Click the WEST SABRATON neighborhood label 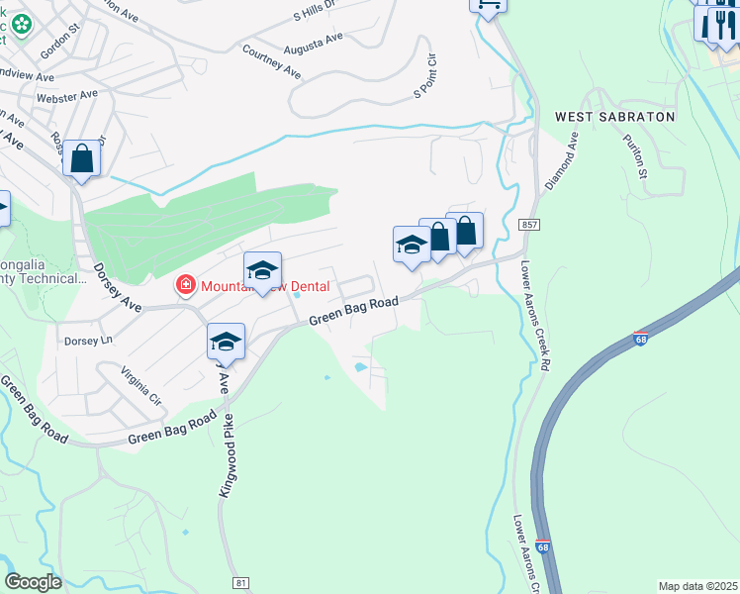coord(614,117)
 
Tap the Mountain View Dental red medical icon coord(184,286)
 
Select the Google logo coord(33,582)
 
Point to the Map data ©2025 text coord(696,586)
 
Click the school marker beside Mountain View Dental coord(263,270)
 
